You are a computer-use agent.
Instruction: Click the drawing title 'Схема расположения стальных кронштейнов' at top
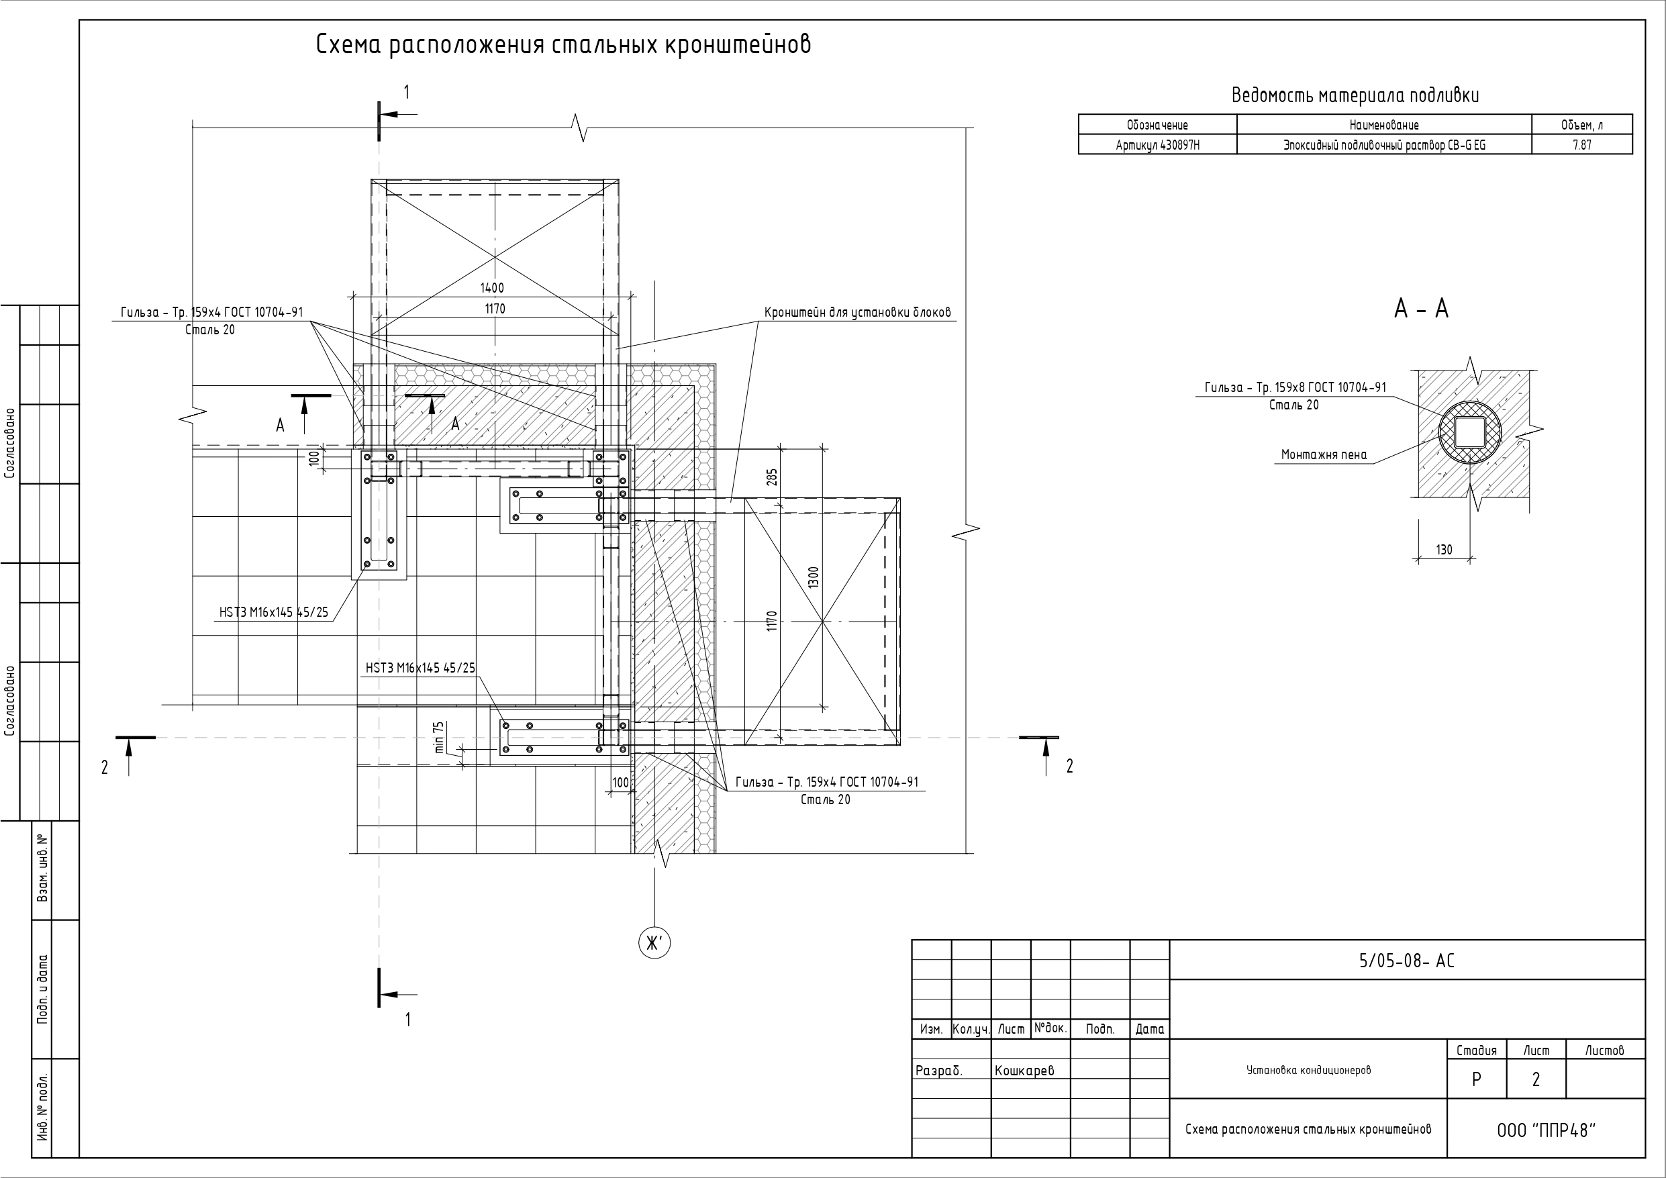563,45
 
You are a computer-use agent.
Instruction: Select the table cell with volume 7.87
1582,145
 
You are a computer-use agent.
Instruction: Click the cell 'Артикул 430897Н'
1157,145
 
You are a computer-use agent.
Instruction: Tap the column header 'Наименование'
1383,125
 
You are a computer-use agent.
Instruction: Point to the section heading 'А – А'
1421,309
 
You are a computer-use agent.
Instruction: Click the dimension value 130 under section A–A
1444,550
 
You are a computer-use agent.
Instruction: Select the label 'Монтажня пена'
1324,455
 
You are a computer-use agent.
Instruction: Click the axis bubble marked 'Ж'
654,943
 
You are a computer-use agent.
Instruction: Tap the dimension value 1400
492,288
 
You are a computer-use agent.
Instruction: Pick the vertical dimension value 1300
814,578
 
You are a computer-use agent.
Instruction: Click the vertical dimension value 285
772,477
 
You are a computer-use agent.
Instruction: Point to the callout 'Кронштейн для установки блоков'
857,313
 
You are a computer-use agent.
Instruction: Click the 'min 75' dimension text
439,737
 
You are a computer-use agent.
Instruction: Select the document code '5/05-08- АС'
1406,961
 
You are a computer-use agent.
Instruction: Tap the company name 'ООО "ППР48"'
1547,1131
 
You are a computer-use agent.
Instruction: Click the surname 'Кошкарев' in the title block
1024,1071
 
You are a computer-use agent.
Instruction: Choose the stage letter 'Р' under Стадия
1476,1080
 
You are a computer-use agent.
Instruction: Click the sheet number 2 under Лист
1535,1080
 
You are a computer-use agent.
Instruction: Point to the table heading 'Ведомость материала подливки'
1355,96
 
